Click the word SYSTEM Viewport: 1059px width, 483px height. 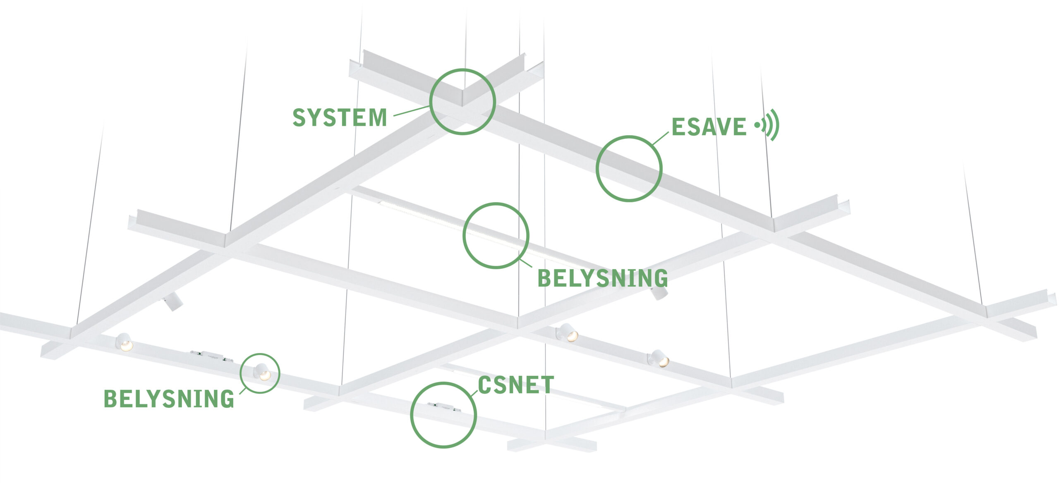point(340,117)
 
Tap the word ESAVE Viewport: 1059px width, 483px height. point(708,127)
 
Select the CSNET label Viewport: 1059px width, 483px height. point(516,385)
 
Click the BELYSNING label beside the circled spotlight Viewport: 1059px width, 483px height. point(169,399)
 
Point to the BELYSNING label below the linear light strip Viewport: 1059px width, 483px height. point(602,278)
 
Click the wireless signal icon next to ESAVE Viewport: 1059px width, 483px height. point(768,124)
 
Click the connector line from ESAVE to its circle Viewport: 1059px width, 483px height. point(661,139)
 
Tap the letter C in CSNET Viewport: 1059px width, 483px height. point(485,385)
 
